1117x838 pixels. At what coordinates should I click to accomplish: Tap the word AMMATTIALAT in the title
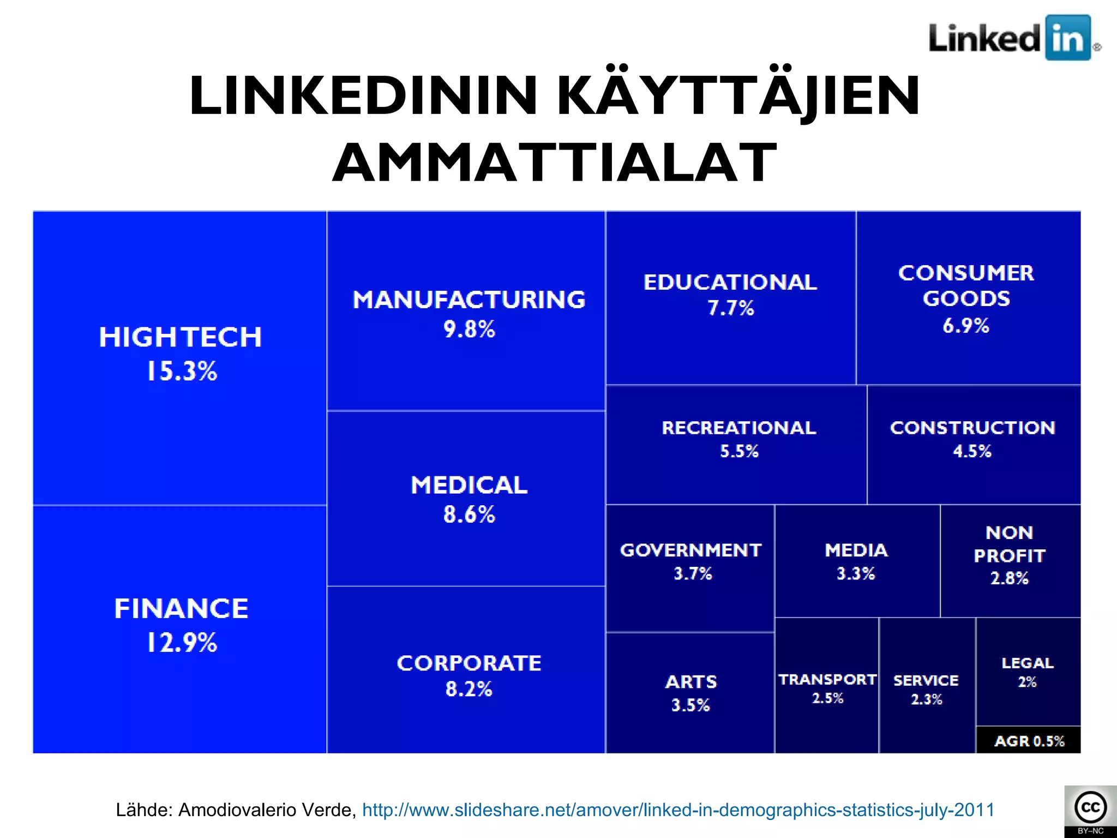pyautogui.click(x=555, y=163)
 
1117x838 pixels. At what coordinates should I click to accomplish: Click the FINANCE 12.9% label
pyautogui.click(x=181, y=625)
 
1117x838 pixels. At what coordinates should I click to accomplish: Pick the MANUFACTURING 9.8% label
pyautogui.click(x=469, y=314)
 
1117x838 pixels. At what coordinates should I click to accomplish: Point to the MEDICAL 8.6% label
pyautogui.click(x=469, y=499)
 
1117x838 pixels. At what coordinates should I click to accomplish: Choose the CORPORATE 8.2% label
pyautogui.click(x=469, y=675)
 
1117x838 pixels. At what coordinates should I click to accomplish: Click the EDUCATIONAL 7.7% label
pyautogui.click(x=730, y=295)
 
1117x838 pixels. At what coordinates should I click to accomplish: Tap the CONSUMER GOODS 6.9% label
pyautogui.click(x=966, y=298)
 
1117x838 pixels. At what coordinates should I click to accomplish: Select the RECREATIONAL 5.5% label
pyautogui.click(x=739, y=439)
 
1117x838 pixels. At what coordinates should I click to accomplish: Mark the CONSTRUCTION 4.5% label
pyautogui.click(x=972, y=439)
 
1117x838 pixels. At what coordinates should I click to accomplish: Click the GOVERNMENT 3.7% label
pyautogui.click(x=691, y=561)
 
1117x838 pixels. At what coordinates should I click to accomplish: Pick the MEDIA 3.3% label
pyautogui.click(x=856, y=561)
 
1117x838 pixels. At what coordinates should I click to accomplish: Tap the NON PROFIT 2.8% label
pyautogui.click(x=1010, y=555)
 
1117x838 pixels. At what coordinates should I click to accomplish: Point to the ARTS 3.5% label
pyautogui.click(x=691, y=693)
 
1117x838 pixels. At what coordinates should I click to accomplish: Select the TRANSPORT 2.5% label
pyautogui.click(x=827, y=688)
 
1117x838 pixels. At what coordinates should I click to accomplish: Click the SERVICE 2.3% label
pyautogui.click(x=926, y=689)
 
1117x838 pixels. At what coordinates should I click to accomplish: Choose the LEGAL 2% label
pyautogui.click(x=1028, y=672)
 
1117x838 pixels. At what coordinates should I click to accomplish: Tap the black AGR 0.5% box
pyautogui.click(x=1029, y=741)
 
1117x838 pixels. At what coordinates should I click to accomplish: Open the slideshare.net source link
pyautogui.click(x=678, y=810)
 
